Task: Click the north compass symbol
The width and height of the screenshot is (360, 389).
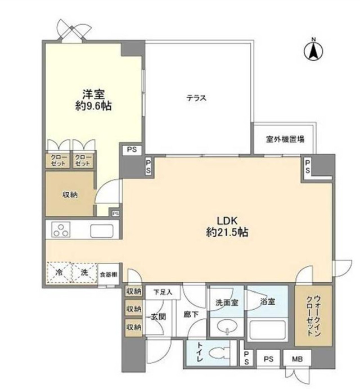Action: [x=313, y=51]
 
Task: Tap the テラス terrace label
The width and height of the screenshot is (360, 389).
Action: [x=196, y=98]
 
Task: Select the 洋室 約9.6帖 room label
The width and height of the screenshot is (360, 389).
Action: [x=93, y=100]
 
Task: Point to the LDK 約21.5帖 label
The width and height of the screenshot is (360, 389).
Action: [x=227, y=227]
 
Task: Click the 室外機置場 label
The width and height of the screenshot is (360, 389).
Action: [x=285, y=139]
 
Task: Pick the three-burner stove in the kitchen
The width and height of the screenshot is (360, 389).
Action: [x=61, y=229]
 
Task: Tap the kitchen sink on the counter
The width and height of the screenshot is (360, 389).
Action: [x=102, y=231]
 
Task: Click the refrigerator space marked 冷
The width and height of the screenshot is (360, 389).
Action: [x=59, y=273]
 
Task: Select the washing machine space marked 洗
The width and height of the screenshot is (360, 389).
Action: [x=84, y=273]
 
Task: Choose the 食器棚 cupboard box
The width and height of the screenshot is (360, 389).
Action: [x=109, y=274]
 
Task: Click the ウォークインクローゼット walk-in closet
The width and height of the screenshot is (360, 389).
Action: [x=313, y=315]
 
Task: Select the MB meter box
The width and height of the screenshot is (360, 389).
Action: [x=297, y=359]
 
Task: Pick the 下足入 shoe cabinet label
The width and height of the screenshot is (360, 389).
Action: [x=163, y=292]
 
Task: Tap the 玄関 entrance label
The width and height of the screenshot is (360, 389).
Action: [x=159, y=317]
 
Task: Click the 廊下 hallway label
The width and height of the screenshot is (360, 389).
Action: [x=191, y=314]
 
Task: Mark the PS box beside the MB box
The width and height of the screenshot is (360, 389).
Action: [x=268, y=359]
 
